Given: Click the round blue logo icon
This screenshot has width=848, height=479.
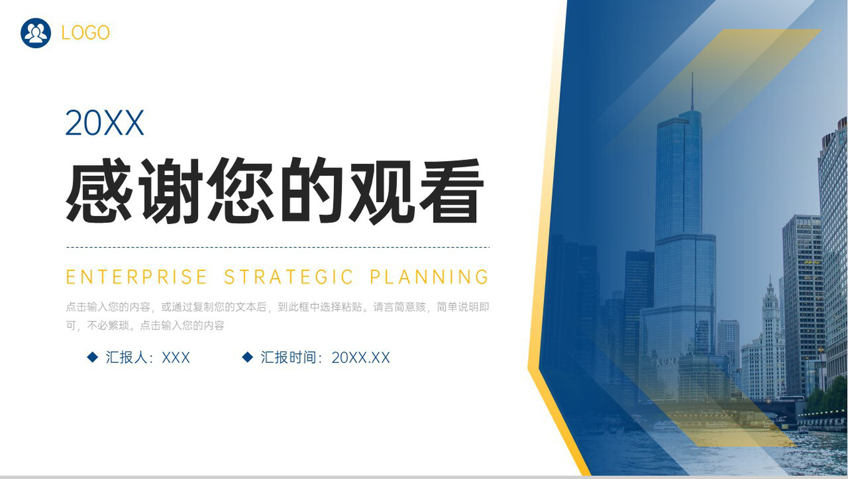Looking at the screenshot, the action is [35, 33].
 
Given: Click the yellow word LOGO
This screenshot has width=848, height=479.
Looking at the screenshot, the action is [85, 33].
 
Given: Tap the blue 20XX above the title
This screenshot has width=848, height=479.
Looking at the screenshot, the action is [105, 123].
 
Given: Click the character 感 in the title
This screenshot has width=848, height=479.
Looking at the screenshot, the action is [100, 190].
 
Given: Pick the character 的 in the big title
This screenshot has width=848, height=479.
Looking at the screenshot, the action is [311, 190].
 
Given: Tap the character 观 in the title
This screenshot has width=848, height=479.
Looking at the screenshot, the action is [381, 190].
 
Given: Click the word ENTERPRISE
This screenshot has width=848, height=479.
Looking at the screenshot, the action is [136, 277].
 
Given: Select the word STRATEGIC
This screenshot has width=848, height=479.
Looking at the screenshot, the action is [289, 277].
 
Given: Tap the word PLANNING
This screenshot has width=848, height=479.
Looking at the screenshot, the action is [429, 277].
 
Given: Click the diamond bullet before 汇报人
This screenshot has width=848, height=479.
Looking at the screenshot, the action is [92, 357].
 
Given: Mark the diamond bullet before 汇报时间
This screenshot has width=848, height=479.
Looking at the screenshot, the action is [247, 357].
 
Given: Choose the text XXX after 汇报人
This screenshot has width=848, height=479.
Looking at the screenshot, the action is [176, 358].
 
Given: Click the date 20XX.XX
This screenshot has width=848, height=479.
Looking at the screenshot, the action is [361, 358].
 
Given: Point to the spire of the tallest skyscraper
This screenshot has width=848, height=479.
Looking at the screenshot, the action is [692, 92].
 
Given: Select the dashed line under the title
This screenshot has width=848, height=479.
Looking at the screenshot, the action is [278, 247].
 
